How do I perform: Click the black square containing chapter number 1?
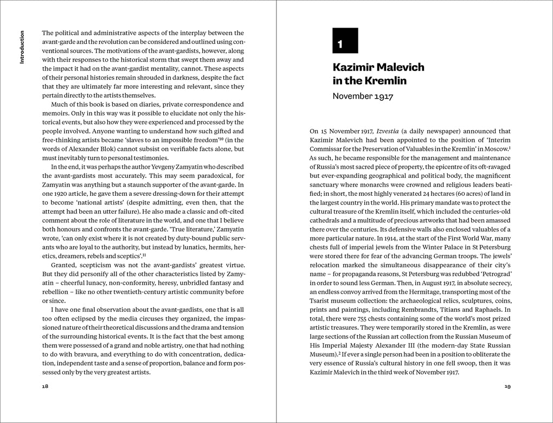tap(345, 41)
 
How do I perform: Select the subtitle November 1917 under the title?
tap(363, 97)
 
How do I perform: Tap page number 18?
tap(45, 387)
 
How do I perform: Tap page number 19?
tap(507, 387)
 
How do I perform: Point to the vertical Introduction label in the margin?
tap(22, 47)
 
